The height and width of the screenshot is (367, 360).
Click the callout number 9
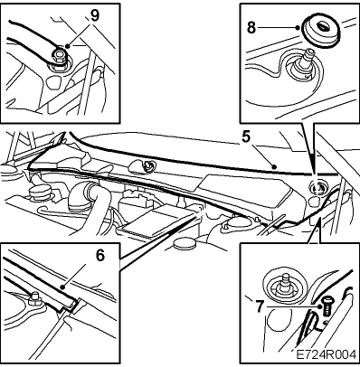95,16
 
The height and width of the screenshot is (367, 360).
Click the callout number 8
251,28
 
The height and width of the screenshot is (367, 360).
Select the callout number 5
246,137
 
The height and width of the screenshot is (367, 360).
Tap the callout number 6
100,256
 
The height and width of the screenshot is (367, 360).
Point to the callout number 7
260,306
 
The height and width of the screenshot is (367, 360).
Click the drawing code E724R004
326,354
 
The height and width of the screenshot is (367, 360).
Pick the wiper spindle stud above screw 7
284,283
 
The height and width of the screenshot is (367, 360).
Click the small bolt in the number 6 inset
34,298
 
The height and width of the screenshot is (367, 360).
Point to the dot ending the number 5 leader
274,166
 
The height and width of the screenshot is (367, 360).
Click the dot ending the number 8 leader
298,28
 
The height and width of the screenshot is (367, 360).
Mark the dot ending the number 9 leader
67,46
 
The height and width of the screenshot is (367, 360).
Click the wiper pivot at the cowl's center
147,165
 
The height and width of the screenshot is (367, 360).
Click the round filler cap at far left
39,193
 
